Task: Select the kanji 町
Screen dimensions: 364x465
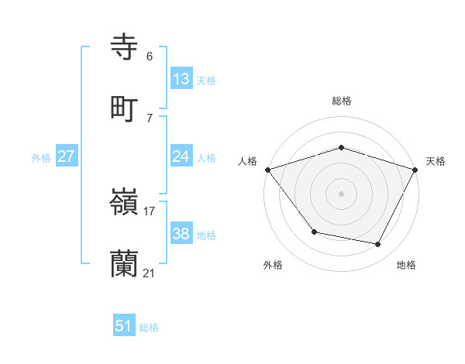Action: tap(124, 108)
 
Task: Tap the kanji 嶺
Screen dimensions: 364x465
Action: tap(124, 204)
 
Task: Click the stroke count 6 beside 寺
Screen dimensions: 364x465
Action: tap(149, 56)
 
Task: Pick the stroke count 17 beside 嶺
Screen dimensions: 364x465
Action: tap(149, 211)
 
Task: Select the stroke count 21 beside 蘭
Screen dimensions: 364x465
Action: tap(149, 273)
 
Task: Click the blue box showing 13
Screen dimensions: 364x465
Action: tap(181, 78)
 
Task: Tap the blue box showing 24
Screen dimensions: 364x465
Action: tap(181, 156)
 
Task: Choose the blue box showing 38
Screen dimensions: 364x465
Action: tap(181, 234)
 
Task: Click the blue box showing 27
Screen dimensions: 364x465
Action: tap(67, 156)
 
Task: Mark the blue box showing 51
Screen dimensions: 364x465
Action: tap(124, 326)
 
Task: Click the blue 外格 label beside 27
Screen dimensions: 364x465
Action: tap(41, 157)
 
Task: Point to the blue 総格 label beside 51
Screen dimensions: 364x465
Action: tap(149, 328)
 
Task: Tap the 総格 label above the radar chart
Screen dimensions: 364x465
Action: tap(342, 101)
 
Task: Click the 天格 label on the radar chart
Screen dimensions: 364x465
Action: tap(436, 161)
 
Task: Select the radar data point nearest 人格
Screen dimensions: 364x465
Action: tap(267, 170)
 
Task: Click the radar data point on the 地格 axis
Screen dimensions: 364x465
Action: tap(378, 245)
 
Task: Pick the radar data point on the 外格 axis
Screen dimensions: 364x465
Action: tap(314, 232)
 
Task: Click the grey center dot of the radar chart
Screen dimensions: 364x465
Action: tap(342, 193)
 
